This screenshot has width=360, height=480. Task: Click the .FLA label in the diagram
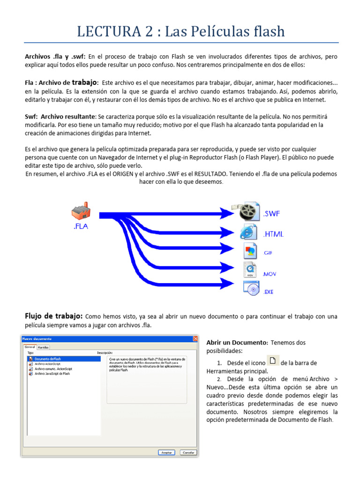(81, 227)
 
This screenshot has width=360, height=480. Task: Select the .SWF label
(271, 214)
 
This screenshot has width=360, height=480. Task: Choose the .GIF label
(268, 253)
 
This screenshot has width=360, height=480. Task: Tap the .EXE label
(268, 292)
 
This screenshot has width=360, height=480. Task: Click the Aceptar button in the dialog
(166, 452)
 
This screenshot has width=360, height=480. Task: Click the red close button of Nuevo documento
(195, 338)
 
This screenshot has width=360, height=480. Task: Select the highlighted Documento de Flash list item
(63, 359)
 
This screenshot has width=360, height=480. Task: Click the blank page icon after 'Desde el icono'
(273, 360)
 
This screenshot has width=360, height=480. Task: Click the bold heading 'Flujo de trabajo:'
(53, 316)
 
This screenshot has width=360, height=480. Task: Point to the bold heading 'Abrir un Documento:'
(237, 343)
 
